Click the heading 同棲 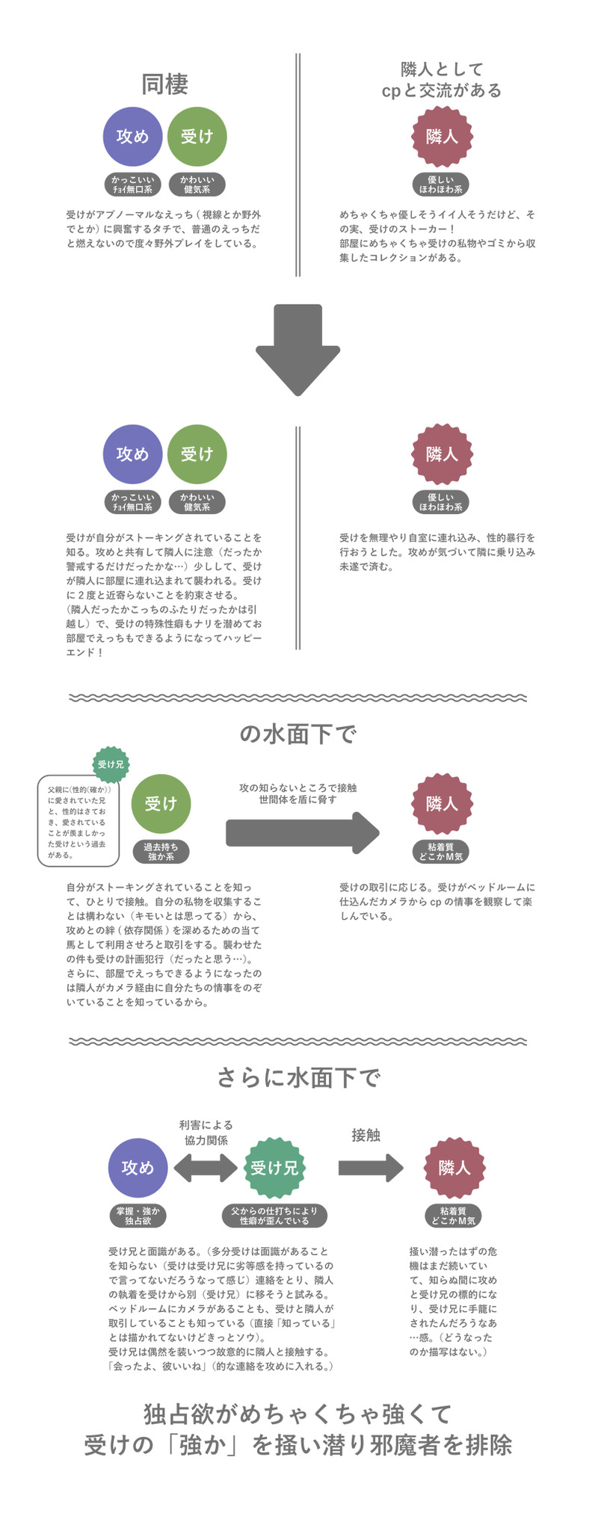[164, 84]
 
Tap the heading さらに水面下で [298, 1077]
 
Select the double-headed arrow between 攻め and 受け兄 [205, 1167]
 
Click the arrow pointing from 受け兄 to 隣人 [371, 1167]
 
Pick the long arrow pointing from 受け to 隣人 [303, 832]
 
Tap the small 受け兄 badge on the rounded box [111, 764]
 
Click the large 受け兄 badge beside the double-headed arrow [274, 1167]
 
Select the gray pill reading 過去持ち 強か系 [161, 852]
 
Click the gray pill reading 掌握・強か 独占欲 [138, 1216]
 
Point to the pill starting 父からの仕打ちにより [274, 1216]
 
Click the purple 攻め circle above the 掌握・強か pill [138, 1167]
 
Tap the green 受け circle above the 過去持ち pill [161, 803]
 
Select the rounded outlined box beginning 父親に [78, 820]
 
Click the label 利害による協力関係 [206, 1133]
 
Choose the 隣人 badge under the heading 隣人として [442, 137]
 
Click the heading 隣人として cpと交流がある [441, 80]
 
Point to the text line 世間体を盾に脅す [298, 799]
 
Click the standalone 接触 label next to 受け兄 [366, 1135]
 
